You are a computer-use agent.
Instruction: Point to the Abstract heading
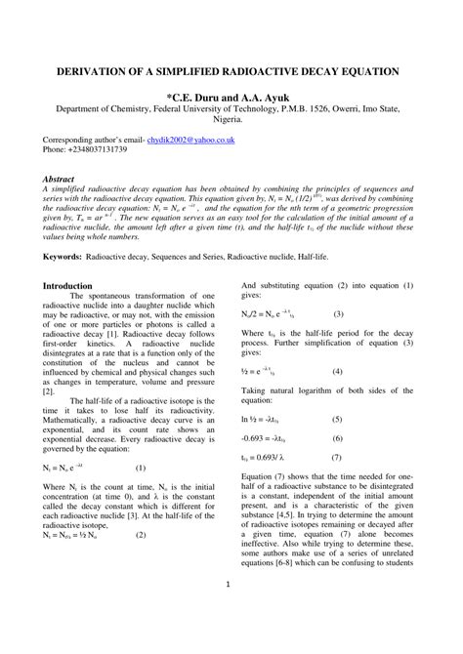pyautogui.click(x=60, y=180)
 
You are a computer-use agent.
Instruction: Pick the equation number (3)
pyautogui.click(x=338, y=314)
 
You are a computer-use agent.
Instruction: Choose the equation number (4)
pyautogui.click(x=337, y=371)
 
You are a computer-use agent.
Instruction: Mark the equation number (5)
pyautogui.click(x=337, y=419)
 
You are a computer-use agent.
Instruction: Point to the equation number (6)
pyautogui.click(x=337, y=437)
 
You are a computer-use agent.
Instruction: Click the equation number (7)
pyautogui.click(x=337, y=457)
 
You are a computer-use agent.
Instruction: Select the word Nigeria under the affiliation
pyautogui.click(x=231, y=121)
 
